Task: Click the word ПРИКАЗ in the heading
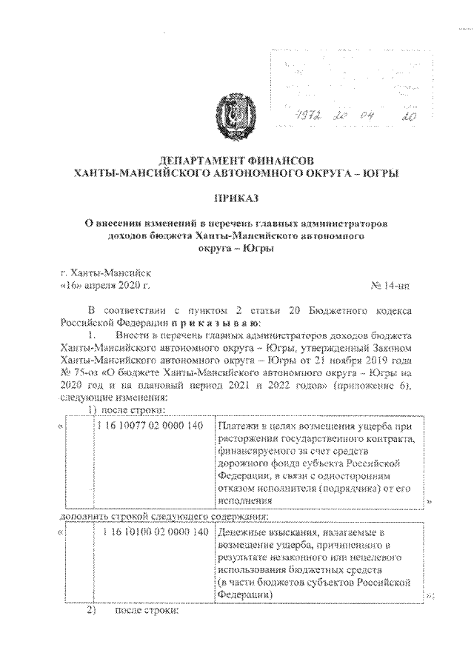coord(236,198)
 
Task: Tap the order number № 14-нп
coord(391,284)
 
